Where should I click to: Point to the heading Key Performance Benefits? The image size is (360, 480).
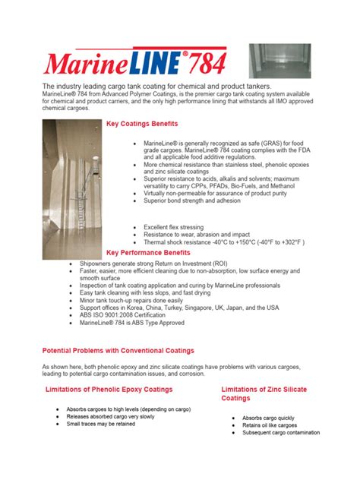(148, 252)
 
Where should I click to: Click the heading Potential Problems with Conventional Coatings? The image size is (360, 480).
(118, 351)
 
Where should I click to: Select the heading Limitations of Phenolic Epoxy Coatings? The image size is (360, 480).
(109, 390)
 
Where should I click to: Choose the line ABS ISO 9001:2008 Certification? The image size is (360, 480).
(128, 315)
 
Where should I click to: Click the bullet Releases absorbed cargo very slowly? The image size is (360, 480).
(111, 417)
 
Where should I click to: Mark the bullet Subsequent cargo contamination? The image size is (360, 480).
(281, 433)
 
